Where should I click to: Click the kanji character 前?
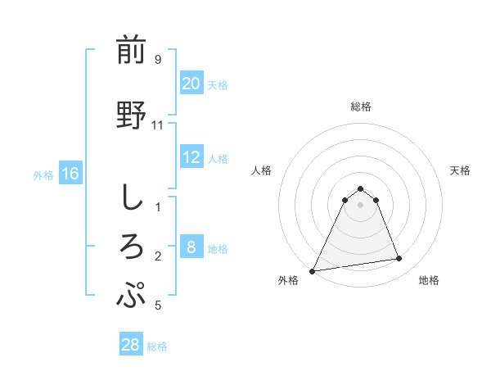132,51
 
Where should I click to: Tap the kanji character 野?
132,115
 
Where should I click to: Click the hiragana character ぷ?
132,294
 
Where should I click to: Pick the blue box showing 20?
191,84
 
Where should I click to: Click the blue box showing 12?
191,157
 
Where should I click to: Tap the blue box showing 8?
191,247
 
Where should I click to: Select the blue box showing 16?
70,174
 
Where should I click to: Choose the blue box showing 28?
131,345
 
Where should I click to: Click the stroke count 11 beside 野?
158,125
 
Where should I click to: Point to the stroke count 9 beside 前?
157,59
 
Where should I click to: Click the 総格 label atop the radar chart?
361,106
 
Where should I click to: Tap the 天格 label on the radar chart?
461,170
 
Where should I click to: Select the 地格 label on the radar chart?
430,280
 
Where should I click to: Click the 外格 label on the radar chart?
288,280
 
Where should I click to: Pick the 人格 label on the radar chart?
262,170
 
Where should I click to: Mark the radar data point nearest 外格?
313,270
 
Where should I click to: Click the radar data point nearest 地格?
399,259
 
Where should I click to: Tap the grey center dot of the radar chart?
361,205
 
